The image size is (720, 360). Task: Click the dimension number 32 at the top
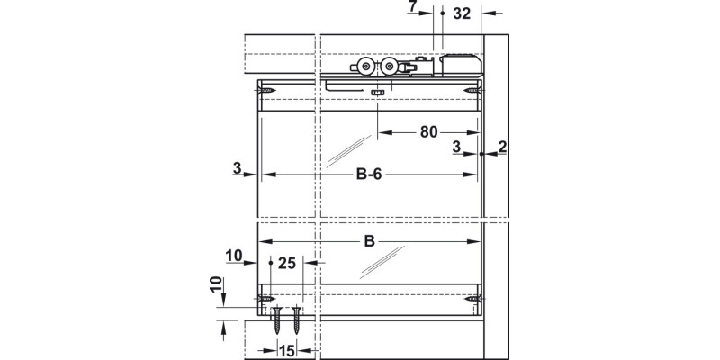[x=462, y=13]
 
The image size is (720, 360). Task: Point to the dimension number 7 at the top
[x=412, y=6]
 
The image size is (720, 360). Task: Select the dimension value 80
[x=429, y=132]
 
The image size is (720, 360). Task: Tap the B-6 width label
[x=369, y=175]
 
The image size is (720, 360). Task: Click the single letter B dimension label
[x=369, y=241]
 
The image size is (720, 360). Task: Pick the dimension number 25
[x=287, y=263]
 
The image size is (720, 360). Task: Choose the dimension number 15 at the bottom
[x=286, y=351]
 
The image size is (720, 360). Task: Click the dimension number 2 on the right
[x=502, y=147]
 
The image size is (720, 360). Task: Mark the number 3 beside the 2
[x=456, y=147]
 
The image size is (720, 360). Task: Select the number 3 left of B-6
[x=237, y=168]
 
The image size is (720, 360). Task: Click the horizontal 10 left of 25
[x=234, y=256]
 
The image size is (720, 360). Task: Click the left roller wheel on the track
[x=365, y=67]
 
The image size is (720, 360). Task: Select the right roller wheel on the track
[x=390, y=67]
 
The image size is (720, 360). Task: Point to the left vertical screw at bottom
[x=278, y=320]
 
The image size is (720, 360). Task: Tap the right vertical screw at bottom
[x=297, y=320]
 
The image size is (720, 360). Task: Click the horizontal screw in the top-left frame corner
[x=266, y=91]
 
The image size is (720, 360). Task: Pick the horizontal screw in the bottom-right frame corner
[x=472, y=299]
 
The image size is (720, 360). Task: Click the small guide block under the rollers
[x=377, y=93]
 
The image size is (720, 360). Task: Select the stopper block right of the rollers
[x=461, y=66]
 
